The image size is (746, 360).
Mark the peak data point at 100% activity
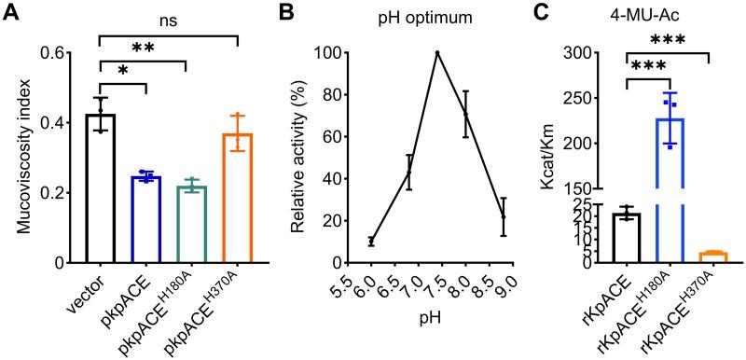pyautogui.click(x=437, y=53)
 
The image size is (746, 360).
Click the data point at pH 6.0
pyautogui.click(x=371, y=242)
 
